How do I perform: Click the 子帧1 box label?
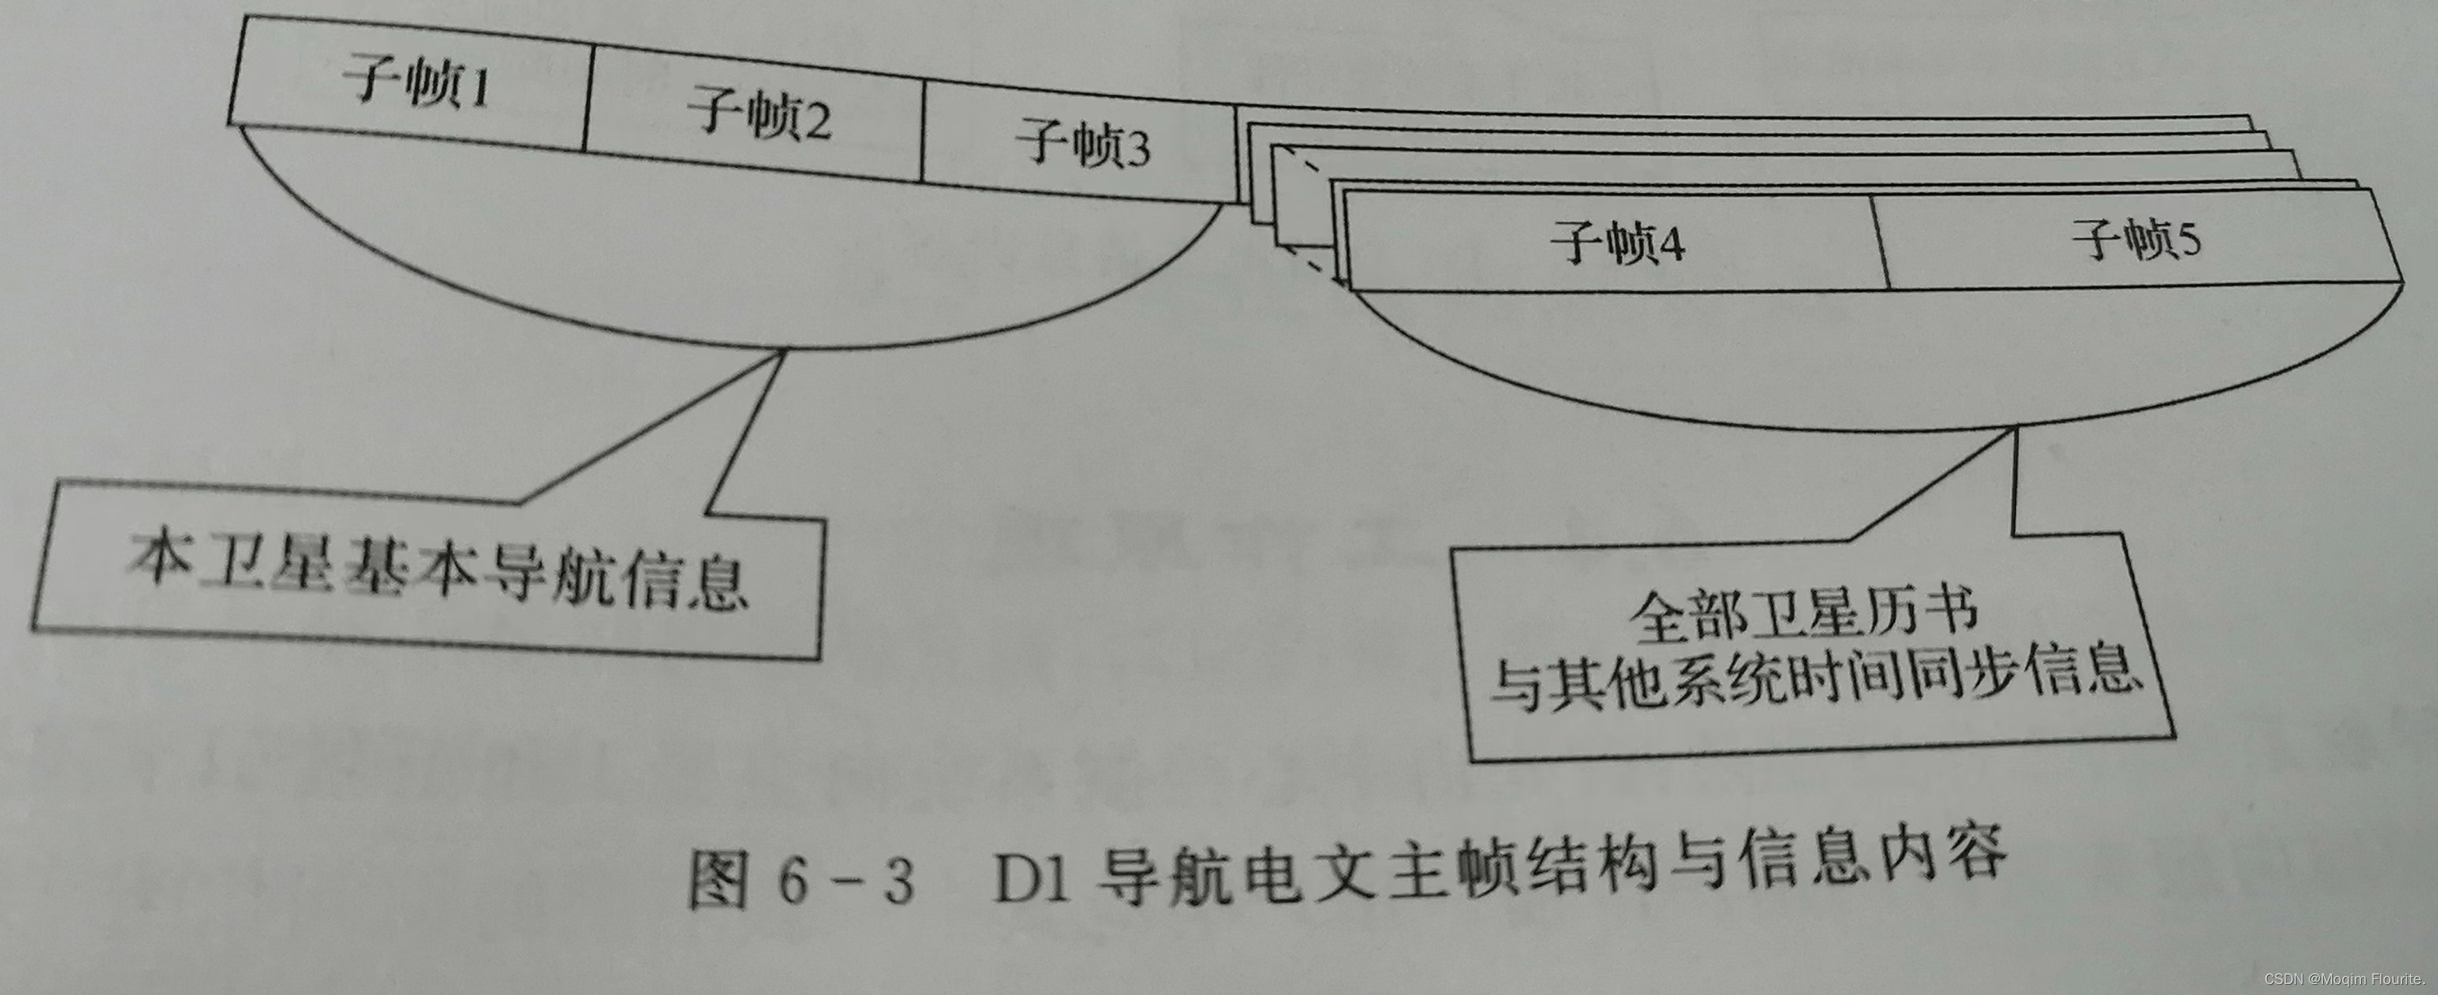tap(417, 82)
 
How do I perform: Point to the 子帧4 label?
tap(1618, 243)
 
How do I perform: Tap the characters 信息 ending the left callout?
tap(686, 581)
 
